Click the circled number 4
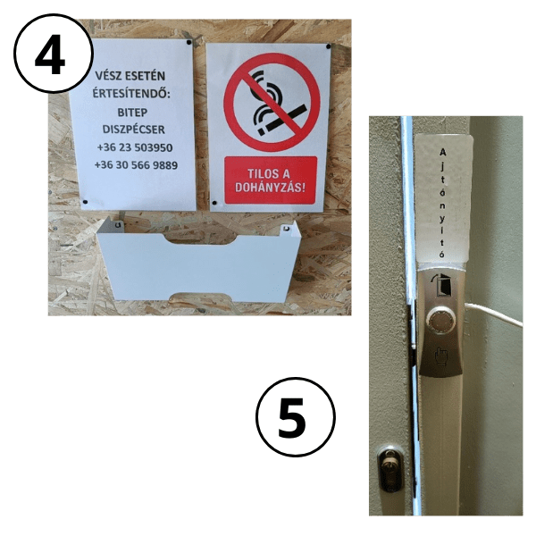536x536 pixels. [54, 53]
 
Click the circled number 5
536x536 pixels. [296, 417]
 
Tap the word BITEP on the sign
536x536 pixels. [132, 113]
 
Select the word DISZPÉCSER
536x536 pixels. [134, 130]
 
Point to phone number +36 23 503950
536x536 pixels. [135, 147]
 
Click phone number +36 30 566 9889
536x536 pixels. [136, 165]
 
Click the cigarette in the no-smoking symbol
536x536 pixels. [281, 121]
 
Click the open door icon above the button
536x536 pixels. [443, 283]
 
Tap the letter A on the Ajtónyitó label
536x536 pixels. [443, 152]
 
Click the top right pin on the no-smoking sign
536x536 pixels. [328, 46]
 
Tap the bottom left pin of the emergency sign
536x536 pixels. [85, 202]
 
